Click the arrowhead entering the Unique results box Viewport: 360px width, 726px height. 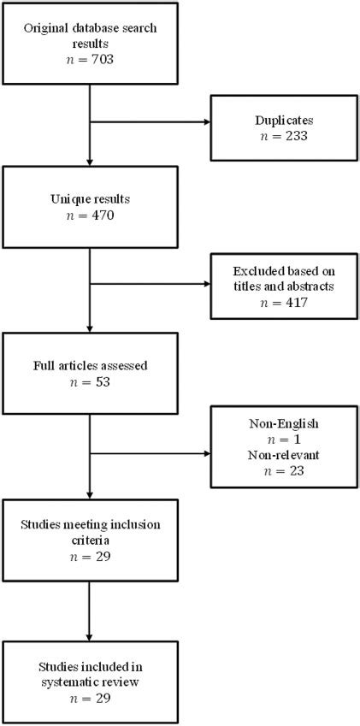click(90, 164)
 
